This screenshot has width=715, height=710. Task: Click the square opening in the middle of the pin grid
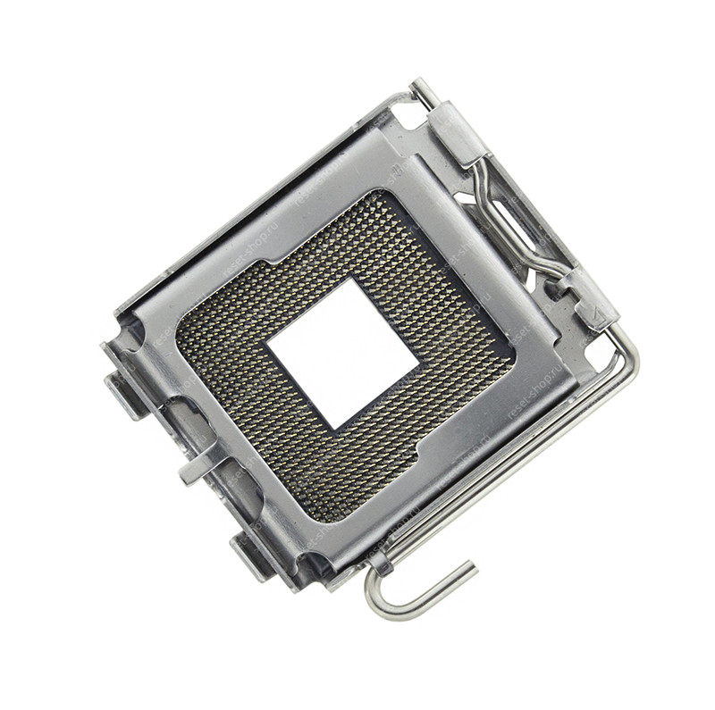pyautogui.click(x=345, y=354)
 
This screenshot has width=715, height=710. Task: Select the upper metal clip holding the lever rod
pyautogui.click(x=458, y=133)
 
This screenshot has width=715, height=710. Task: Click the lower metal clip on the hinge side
pyautogui.click(x=591, y=299)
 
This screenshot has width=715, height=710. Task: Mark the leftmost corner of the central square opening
pyautogui.click(x=269, y=345)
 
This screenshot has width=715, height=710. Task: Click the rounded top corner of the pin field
pyautogui.click(x=376, y=195)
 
